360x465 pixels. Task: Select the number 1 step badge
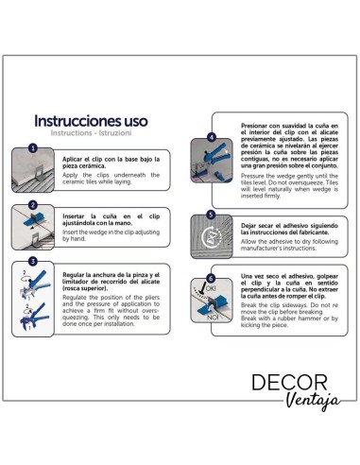32,148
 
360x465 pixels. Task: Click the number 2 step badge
32,204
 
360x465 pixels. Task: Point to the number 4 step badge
211,137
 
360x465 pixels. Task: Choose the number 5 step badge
211,215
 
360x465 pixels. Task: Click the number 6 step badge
211,278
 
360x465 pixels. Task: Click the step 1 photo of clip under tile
42,170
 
